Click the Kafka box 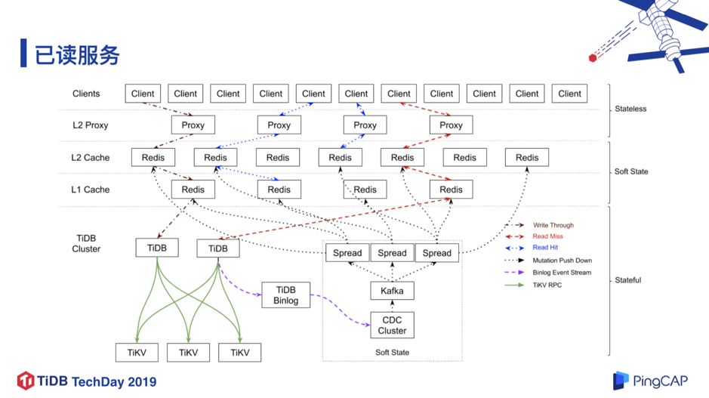click(392, 291)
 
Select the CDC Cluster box click(392, 325)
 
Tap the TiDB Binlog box click(285, 295)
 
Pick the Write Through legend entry click(539, 225)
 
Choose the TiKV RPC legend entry click(533, 285)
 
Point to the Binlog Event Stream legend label click(562, 273)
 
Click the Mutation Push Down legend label click(562, 261)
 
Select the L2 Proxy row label click(91, 125)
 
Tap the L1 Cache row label click(91, 190)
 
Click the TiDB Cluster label click(86, 243)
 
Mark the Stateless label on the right click(630, 109)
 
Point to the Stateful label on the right click(627, 280)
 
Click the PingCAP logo click(650, 381)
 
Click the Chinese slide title click(77, 55)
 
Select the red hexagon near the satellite click(593, 58)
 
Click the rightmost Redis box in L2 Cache click(527, 157)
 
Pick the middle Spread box click(392, 253)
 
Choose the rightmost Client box click(569, 94)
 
